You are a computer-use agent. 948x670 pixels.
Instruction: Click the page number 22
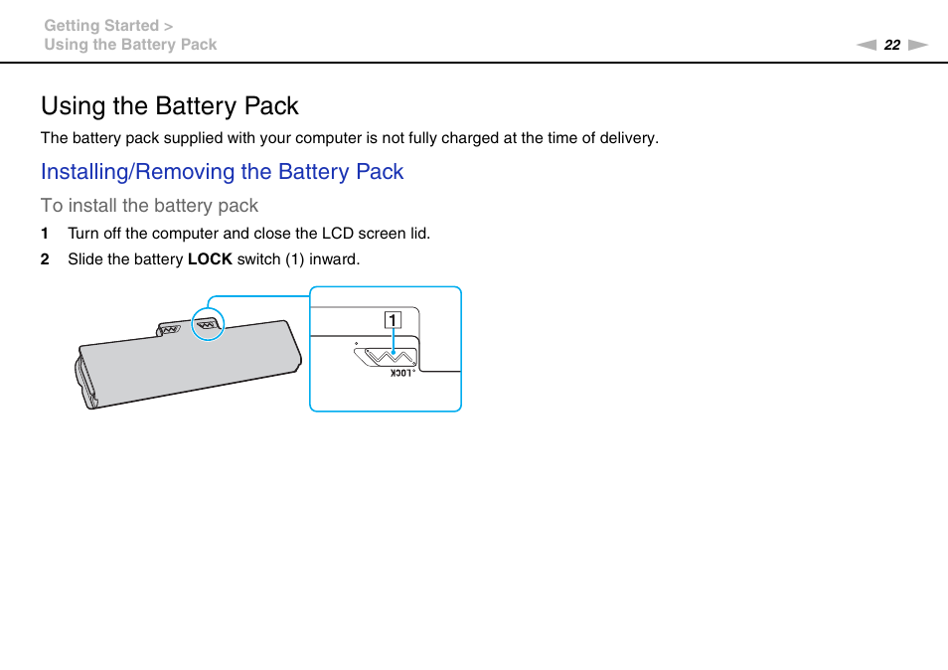[891, 45]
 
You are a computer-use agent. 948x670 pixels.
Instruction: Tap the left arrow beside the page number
[867, 45]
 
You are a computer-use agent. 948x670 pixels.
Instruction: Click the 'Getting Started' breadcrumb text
[101, 26]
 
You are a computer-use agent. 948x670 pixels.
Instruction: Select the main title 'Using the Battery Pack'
[169, 105]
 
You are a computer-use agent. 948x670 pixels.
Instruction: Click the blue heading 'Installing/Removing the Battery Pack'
[222, 171]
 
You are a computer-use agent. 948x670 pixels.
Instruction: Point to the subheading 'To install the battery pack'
[149, 206]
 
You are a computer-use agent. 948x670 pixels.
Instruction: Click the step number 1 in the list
[45, 234]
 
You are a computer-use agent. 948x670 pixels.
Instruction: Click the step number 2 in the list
[45, 259]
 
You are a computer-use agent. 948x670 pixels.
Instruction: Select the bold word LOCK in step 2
[210, 259]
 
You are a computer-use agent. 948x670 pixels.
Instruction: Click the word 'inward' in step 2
[335, 259]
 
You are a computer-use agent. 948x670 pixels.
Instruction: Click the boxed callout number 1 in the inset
[394, 320]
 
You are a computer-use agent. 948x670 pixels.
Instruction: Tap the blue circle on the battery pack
[209, 323]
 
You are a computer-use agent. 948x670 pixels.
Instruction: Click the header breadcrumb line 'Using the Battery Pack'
[130, 45]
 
